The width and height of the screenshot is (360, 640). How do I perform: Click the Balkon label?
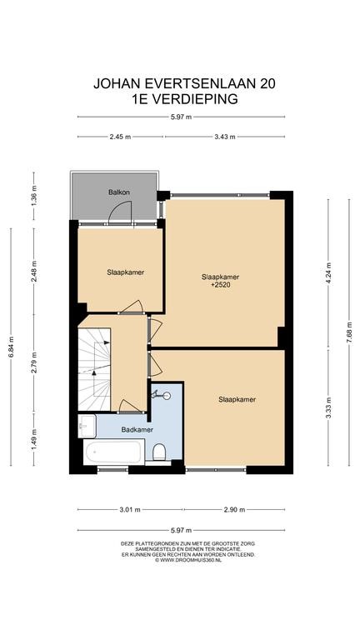pos(119,192)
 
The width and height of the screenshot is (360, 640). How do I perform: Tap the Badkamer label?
pos(137,429)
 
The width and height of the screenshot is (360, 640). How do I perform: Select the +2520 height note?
pos(220,285)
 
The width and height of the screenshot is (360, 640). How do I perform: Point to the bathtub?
pos(114,452)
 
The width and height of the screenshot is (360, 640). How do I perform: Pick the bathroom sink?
pos(87,426)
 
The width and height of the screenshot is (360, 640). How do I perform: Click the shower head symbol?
pos(162,395)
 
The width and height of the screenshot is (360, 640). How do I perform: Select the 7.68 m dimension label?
pos(349,332)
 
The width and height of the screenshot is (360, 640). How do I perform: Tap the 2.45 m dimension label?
pos(120,137)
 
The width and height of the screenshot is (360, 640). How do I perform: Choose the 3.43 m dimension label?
pos(225,137)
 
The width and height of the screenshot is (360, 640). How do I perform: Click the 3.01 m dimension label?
pos(130,509)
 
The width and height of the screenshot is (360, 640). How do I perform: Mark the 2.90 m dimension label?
pos(234,509)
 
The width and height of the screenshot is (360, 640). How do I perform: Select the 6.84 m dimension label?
pos(11,347)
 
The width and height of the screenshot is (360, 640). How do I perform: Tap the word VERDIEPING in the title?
pos(194,99)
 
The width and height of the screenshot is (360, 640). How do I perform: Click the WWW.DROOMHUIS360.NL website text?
pos(188,560)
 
